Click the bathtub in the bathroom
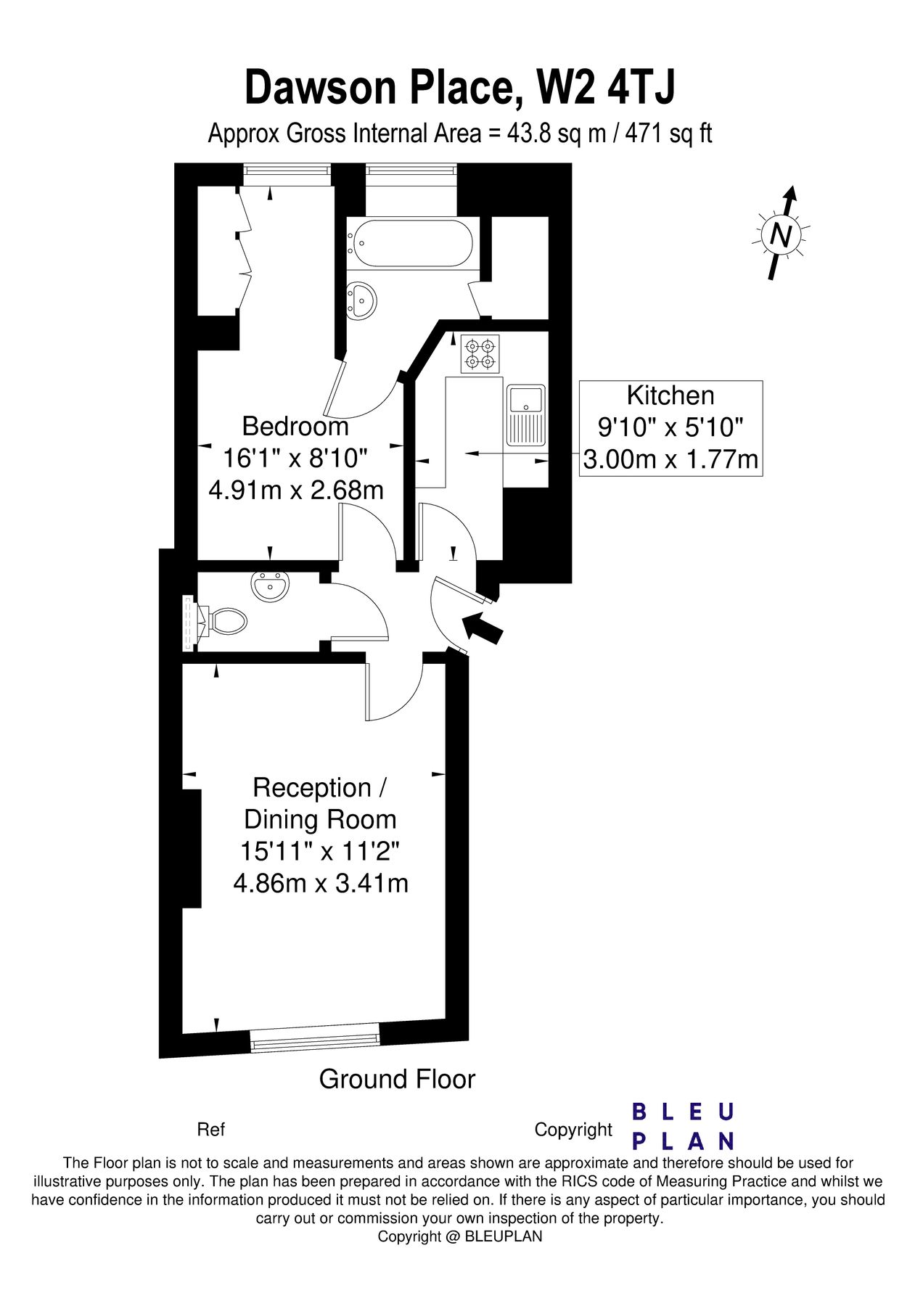[x=411, y=243]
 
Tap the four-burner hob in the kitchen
[x=480, y=353]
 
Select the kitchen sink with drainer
[x=527, y=414]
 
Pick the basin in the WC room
[x=271, y=586]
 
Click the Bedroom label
[x=295, y=426]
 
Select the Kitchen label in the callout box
[x=670, y=395]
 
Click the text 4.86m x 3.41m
[x=320, y=883]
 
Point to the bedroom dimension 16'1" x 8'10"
[x=295, y=458]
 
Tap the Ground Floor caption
[x=397, y=1079]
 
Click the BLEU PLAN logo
[x=683, y=1126]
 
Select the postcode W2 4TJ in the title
[x=605, y=88]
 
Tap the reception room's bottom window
[x=315, y=1038]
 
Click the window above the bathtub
[x=411, y=171]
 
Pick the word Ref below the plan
[x=210, y=1130]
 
